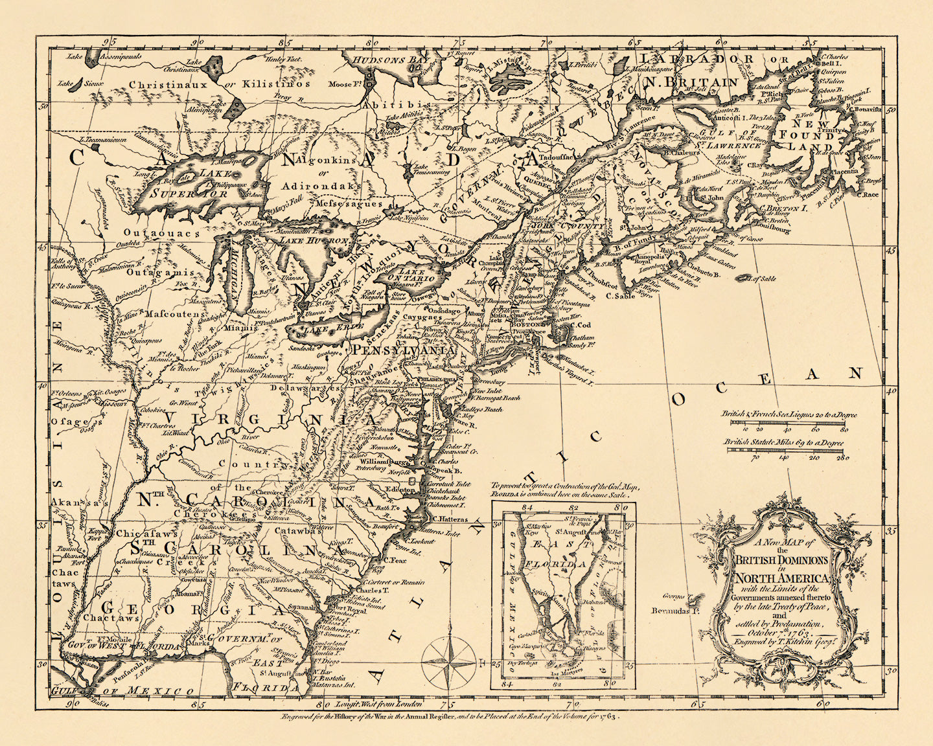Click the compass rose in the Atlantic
coord(448,662)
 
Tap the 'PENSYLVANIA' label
coord(403,350)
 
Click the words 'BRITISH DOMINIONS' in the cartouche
coord(781,560)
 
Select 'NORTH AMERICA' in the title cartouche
coord(781,578)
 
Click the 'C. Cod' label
coord(579,325)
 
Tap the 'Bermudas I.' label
coord(675,611)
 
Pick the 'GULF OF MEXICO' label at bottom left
coord(123,691)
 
